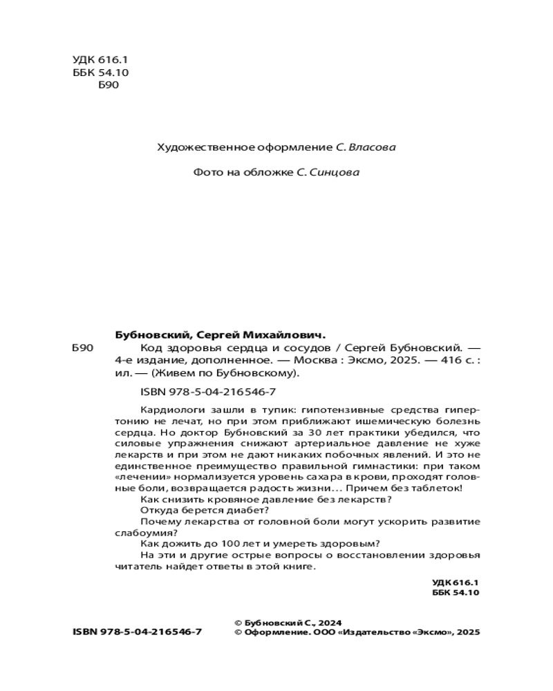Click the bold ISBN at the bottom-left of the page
(x=136, y=632)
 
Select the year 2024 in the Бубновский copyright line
(x=330, y=622)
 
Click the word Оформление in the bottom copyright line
(x=273, y=632)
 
